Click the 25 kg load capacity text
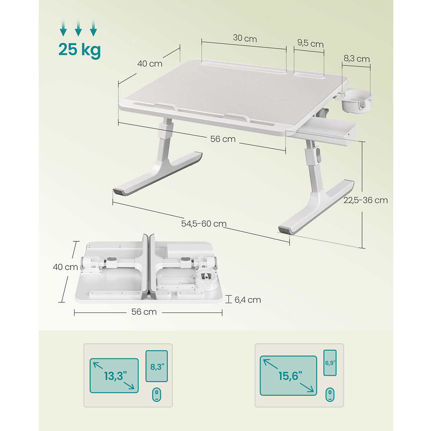pos(80,50)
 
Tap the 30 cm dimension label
pos(245,38)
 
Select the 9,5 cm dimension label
pos(310,43)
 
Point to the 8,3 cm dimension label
pos(357,59)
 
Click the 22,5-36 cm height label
pos(366,200)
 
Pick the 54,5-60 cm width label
pos(204,223)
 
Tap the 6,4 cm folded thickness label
pos(247,300)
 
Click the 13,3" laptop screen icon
pos(114,376)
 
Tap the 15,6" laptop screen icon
pos(288,376)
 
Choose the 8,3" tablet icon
pos(157,366)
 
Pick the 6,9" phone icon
pos(330,362)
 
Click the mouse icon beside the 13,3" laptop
pos(156,395)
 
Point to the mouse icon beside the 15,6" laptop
pos(330,395)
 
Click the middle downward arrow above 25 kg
pos(78,28)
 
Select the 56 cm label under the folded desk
pos(144,312)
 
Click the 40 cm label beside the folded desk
pos(65,267)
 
